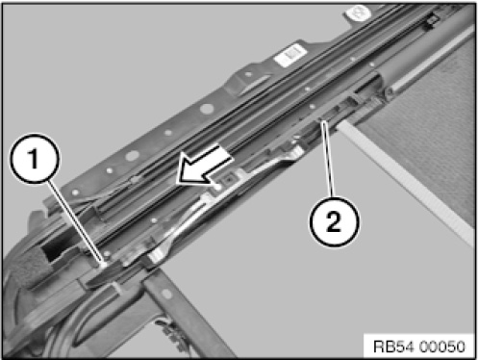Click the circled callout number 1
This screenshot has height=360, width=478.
35,159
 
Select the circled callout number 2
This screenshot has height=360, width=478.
335,221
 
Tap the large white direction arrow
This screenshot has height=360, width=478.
205,167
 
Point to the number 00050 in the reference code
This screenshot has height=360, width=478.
441,347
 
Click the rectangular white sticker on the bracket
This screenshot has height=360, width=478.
289,55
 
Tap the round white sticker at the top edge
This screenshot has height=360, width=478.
358,13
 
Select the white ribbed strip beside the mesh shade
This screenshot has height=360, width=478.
405,180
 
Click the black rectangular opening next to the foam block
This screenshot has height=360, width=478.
53,251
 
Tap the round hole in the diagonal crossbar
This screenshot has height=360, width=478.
166,294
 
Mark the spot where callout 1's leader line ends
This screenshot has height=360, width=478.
103,264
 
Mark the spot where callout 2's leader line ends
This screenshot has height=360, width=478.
321,120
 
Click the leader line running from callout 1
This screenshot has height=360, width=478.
76,222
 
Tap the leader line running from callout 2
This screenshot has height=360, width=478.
327,159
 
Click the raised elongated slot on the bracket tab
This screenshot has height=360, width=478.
253,84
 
